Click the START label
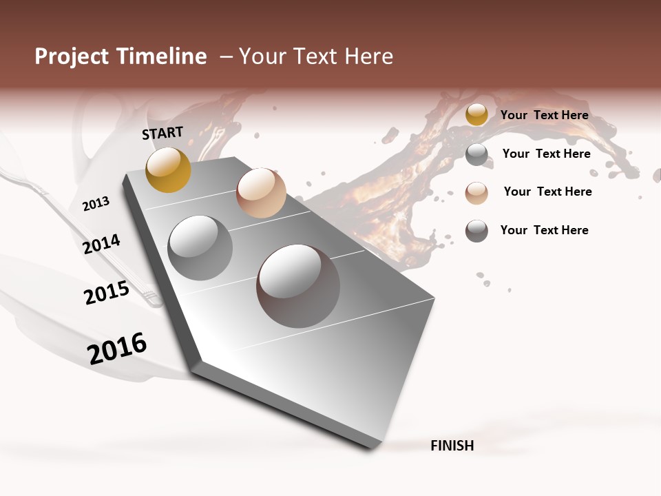click(162, 133)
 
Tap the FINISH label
click(452, 446)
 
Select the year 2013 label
click(96, 204)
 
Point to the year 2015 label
click(107, 293)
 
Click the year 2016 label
click(117, 348)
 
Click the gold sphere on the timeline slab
click(168, 169)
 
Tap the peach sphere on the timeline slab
click(261, 193)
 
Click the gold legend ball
click(476, 115)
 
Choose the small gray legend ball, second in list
click(476, 154)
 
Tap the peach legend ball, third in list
click(476, 192)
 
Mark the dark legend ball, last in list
click(476, 231)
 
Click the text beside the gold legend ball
click(544, 115)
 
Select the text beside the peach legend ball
click(547, 192)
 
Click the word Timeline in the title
click(161, 56)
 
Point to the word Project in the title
click(72, 56)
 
